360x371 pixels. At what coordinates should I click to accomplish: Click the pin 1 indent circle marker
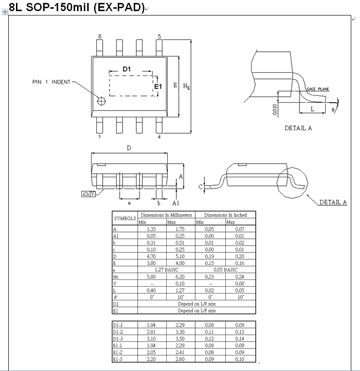pos(101,101)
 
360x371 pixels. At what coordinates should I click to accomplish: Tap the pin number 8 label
pos(100,36)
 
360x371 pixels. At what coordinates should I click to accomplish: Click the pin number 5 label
pos(159,36)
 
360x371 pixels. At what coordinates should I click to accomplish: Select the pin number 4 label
pos(159,137)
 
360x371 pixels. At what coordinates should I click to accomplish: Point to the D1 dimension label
pos(126,69)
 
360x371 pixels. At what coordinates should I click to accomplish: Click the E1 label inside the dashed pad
pos(157,86)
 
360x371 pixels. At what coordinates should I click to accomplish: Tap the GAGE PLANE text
pos(318,89)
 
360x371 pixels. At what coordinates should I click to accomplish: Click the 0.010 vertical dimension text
pos(275,109)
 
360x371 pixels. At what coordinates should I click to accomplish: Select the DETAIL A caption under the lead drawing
pos(298,128)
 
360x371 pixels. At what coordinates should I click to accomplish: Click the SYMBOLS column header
pos(125,218)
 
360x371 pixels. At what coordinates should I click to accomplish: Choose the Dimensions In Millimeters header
pos(166,215)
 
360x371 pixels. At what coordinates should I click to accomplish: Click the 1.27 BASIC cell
pos(166,269)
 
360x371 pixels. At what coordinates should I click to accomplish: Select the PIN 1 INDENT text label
pos(51,82)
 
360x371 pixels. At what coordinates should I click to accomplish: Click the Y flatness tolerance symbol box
pos(88,194)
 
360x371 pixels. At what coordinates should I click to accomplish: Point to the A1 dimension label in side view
pos(176,203)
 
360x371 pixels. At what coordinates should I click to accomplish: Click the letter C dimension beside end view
pos(200,186)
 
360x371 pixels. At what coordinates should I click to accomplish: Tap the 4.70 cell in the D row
pos(152,256)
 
